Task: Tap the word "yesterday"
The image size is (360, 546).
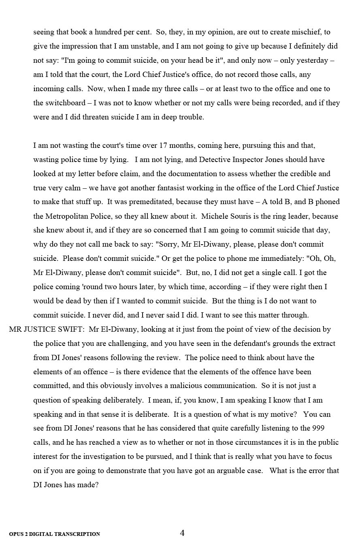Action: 312,60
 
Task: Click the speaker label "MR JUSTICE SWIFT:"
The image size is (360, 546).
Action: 47,329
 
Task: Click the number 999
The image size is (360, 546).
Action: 318,428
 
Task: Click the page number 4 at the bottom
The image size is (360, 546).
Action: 182,533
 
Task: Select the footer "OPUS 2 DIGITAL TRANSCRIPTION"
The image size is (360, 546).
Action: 55,534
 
